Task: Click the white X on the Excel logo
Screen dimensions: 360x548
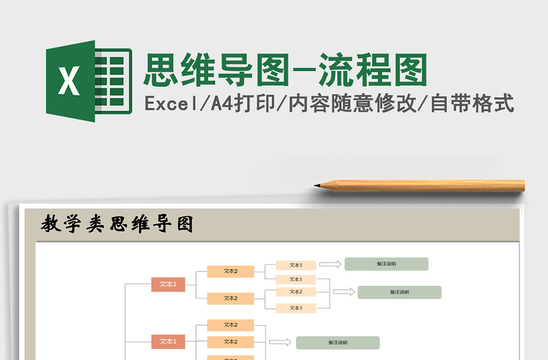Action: (68, 81)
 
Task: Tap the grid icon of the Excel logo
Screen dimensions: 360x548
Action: (114, 81)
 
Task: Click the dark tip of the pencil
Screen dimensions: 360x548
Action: (318, 185)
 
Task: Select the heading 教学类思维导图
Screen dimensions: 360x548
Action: (117, 224)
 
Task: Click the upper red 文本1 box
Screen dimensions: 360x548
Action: (168, 285)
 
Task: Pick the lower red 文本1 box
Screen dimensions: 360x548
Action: (168, 342)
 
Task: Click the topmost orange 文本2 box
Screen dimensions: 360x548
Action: (231, 271)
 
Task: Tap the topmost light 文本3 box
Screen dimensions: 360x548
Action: (295, 265)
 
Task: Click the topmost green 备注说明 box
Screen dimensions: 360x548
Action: (386, 263)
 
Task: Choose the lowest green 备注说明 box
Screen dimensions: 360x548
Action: (338, 342)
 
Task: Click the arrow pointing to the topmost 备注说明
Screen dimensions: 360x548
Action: (330, 263)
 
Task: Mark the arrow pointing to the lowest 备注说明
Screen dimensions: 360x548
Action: (279, 342)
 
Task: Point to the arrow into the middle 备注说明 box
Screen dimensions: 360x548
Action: (344, 292)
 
